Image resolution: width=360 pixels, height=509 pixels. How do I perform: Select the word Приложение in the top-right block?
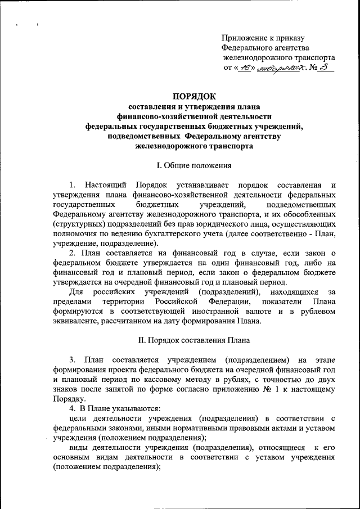coord(244,38)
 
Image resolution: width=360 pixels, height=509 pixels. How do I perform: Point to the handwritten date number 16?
coord(245,69)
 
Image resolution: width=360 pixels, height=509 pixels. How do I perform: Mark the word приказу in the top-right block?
coord(288,38)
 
